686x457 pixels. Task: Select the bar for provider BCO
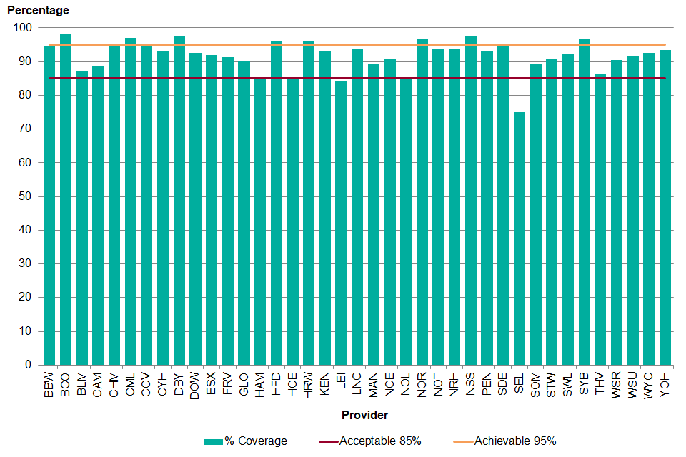[66, 199]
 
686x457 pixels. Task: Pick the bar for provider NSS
[470, 200]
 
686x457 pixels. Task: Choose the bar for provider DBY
[179, 201]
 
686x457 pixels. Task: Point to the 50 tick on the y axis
[27, 196]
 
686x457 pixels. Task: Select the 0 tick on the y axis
[29, 365]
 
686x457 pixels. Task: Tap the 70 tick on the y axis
[27, 129]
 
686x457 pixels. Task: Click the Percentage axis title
[39, 11]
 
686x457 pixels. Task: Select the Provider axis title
[364, 415]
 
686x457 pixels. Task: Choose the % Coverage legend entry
[247, 441]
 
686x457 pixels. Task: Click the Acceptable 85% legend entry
[372, 441]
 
